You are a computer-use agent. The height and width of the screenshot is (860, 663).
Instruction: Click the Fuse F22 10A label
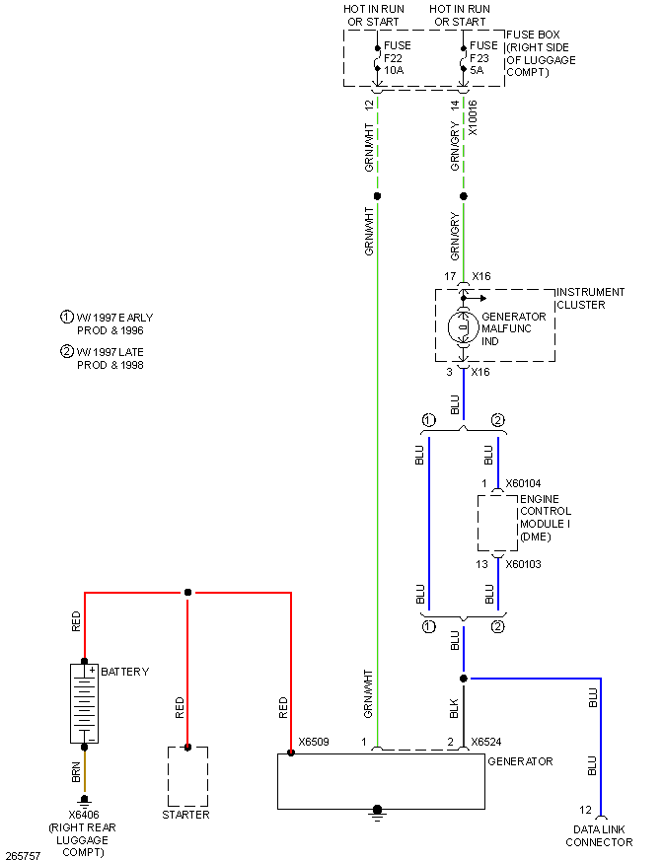[399, 57]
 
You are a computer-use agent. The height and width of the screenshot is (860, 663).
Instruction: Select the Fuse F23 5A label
[484, 57]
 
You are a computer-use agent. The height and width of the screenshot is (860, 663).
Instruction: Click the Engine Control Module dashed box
[497, 523]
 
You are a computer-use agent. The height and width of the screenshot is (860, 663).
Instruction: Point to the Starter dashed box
[187, 776]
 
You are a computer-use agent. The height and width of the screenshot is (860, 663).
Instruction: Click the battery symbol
[84, 703]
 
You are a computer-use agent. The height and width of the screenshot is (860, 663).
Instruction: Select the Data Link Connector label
[599, 836]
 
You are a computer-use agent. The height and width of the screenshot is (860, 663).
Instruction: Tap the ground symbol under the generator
[377, 814]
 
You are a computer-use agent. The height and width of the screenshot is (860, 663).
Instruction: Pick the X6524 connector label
[487, 743]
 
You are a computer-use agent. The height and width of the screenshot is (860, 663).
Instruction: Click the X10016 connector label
[474, 117]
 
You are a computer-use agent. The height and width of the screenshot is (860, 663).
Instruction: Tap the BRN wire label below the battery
[76, 773]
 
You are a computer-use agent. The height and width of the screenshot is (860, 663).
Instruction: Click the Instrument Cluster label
[590, 299]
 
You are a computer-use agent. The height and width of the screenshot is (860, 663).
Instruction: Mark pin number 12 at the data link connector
[586, 810]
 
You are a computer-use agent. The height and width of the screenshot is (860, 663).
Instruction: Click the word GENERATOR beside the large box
[520, 761]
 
